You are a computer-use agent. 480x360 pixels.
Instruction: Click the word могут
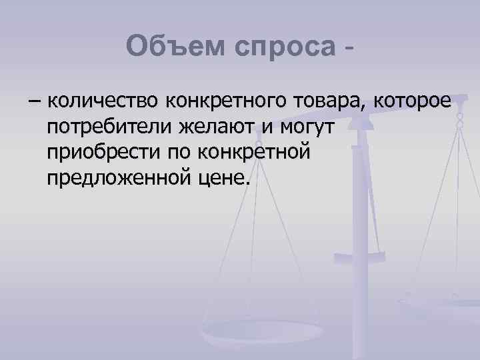tap(313, 127)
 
